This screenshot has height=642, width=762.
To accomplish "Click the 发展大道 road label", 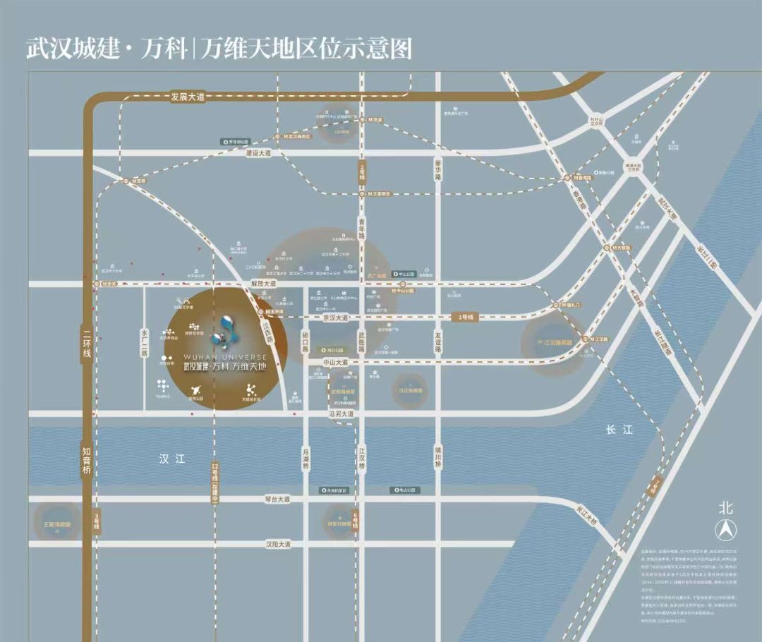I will click(187, 97).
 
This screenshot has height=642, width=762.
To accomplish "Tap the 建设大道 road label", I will click(258, 152).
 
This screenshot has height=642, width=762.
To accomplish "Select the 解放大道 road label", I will click(264, 284).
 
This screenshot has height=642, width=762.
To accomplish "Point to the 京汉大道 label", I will click(336, 318).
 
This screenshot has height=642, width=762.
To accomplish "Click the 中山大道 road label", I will click(336, 362).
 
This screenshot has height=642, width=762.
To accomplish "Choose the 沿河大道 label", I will click(341, 414).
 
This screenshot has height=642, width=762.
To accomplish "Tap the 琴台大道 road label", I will click(277, 499).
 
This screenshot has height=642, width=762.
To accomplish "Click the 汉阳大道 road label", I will click(278, 545).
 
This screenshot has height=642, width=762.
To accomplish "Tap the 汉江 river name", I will click(171, 459).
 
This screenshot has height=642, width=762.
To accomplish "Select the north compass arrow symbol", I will click(726, 529).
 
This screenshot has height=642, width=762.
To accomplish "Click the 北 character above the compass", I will click(726, 507).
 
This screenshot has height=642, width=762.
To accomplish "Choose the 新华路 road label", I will click(437, 169).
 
